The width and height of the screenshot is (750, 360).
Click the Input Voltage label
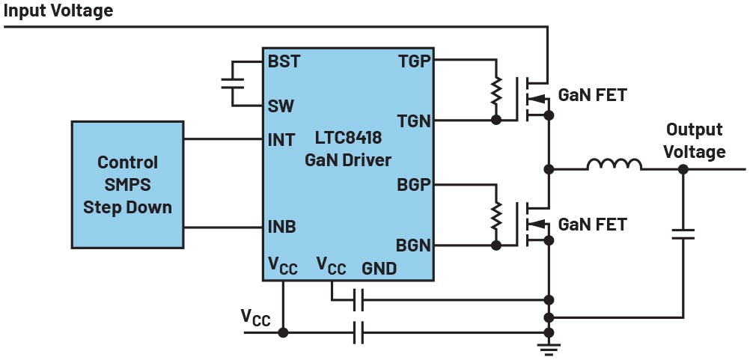click(x=59, y=10)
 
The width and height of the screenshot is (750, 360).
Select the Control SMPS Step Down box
click(x=127, y=184)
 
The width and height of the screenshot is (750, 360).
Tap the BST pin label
click(x=284, y=61)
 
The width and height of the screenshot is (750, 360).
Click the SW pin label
click(x=282, y=106)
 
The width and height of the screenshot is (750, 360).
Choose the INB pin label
click(x=281, y=227)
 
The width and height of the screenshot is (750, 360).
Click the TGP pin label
click(x=415, y=61)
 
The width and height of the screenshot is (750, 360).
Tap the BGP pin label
click(x=414, y=184)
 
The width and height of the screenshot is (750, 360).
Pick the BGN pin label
click(x=414, y=245)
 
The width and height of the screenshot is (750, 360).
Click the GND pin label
click(x=379, y=268)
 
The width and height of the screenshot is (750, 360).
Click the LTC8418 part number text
click(x=348, y=139)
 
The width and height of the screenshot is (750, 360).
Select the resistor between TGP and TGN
click(x=494, y=91)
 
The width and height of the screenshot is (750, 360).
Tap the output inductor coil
click(x=615, y=165)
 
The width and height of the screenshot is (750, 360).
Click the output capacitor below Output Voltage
click(x=683, y=235)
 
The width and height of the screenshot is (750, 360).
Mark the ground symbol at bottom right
click(x=549, y=346)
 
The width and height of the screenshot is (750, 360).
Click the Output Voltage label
click(x=695, y=141)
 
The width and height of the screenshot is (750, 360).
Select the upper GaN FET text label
click(x=593, y=96)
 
